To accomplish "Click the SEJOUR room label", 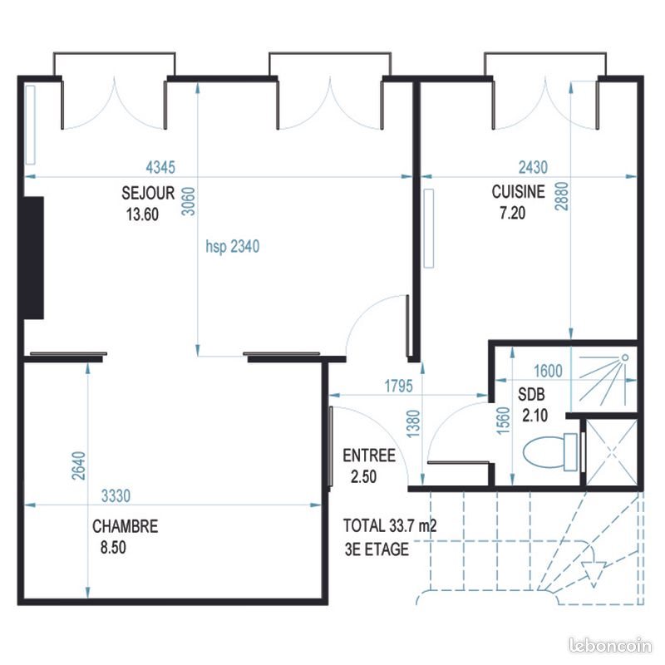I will tap(148, 193).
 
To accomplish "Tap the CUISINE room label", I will tap(518, 192).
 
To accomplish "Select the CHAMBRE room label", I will tap(125, 526).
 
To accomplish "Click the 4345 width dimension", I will tap(159, 167).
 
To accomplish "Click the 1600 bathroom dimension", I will tap(547, 372).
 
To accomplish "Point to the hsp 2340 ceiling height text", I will tap(233, 246).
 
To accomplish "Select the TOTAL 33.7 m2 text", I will tap(391, 526).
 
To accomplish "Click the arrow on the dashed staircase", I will tap(593, 573).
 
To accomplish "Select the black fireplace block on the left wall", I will tap(33, 258).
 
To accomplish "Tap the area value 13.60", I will tap(141, 214).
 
